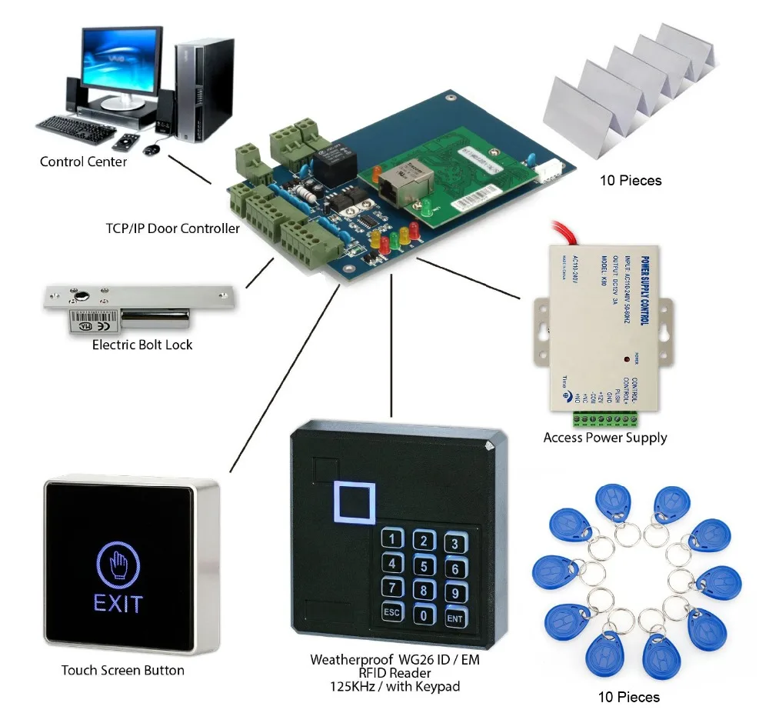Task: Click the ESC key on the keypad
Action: (x=391, y=613)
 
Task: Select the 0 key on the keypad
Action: (x=422, y=615)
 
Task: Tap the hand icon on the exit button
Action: (x=118, y=564)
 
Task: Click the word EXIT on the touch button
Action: (x=118, y=602)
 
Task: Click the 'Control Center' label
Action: (x=83, y=162)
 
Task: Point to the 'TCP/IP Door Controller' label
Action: (x=173, y=228)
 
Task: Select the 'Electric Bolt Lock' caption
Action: (x=142, y=345)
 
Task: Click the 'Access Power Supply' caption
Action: (x=605, y=438)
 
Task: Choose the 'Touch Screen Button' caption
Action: (x=123, y=670)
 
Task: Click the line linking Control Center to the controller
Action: (x=189, y=169)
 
